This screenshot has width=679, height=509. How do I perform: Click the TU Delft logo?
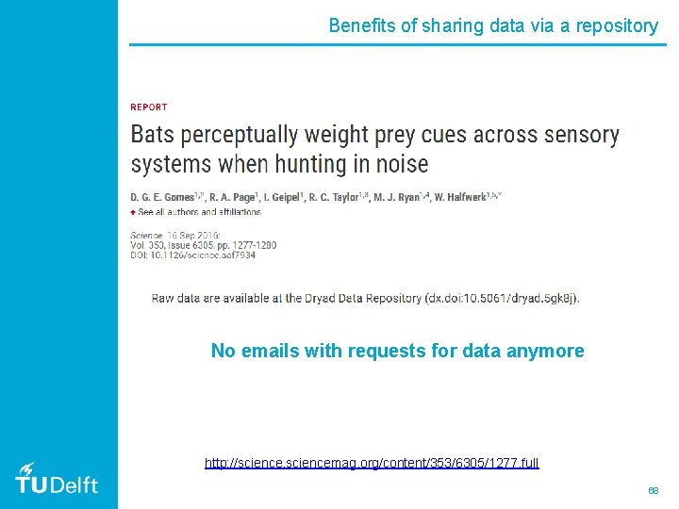click(57, 480)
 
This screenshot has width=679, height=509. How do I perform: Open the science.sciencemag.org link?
click(372, 463)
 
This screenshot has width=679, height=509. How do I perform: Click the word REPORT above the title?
click(149, 107)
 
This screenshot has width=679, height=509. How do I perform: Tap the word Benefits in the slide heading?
click(362, 25)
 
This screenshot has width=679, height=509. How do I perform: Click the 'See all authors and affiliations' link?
click(199, 212)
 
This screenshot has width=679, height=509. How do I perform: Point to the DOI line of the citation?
click(192, 255)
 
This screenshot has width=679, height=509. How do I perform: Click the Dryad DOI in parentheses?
click(501, 299)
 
